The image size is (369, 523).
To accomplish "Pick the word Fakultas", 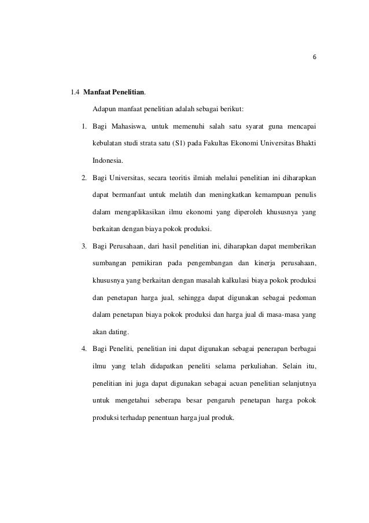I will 220,142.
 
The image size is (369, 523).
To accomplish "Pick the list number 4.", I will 84,349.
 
